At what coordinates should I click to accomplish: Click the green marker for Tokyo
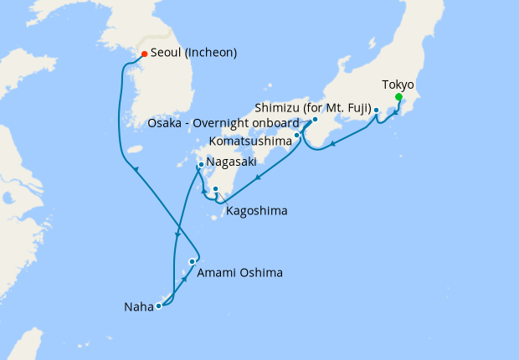[398, 97]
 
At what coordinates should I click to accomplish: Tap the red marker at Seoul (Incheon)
[143, 54]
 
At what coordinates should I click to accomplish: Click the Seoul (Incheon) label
[193, 53]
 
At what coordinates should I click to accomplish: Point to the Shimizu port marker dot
[376, 111]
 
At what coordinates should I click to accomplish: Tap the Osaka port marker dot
[315, 120]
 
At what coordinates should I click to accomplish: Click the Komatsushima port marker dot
[296, 135]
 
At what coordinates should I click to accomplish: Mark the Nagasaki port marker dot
[201, 164]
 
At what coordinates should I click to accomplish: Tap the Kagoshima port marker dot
[215, 188]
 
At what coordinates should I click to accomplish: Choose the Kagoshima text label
[256, 211]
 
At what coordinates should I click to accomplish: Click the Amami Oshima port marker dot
[192, 262]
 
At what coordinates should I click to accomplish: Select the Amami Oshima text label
[240, 273]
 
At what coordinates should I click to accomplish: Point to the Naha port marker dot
[158, 306]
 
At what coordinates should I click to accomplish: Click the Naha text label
[136, 306]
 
